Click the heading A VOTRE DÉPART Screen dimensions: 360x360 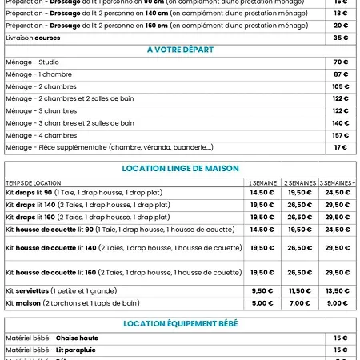coord(180,50)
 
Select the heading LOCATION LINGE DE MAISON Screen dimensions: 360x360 coord(180,169)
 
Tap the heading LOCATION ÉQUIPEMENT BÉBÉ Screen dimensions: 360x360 coord(180,323)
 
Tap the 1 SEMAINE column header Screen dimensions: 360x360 coord(262,182)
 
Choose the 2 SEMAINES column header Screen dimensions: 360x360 coord(300,182)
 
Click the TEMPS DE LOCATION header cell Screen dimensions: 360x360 coord(33,182)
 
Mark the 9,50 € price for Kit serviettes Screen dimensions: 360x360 coord(262,291)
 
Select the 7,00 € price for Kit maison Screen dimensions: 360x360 coord(300,303)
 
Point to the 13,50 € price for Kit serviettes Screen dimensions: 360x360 coord(338,291)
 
